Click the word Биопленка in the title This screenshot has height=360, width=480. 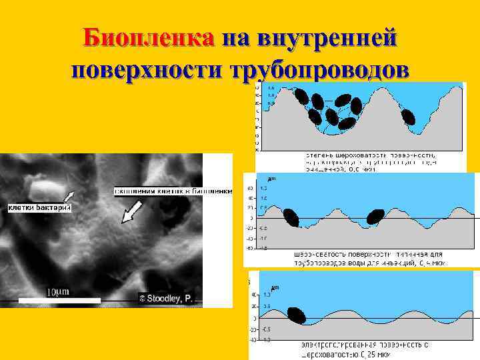(149, 38)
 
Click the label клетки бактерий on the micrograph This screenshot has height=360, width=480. (39, 208)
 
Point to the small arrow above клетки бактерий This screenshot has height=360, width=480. (70, 195)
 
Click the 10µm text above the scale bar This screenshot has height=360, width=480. (59, 291)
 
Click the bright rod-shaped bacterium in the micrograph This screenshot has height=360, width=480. (47, 185)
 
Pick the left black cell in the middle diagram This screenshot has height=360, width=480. (291, 217)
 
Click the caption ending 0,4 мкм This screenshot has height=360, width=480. (370, 259)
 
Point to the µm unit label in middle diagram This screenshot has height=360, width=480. (272, 179)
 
